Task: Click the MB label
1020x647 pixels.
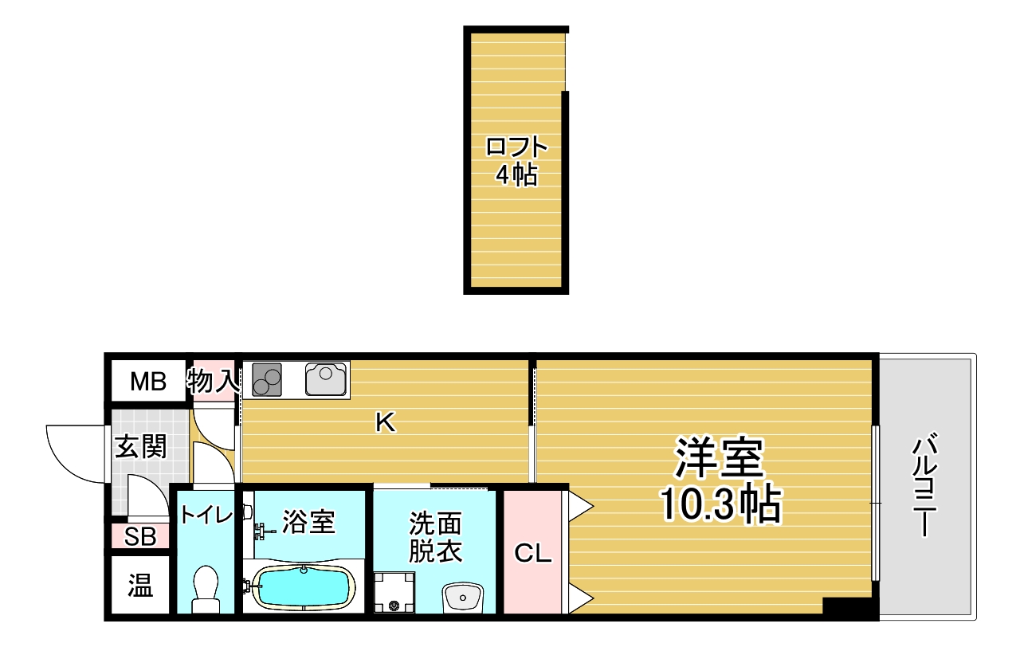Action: pos(148,382)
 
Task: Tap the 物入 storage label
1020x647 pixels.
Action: pos(213,381)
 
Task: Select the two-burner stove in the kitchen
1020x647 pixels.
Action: pos(267,380)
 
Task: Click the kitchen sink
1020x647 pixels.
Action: pos(326,378)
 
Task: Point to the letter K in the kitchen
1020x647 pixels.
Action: pos(385,422)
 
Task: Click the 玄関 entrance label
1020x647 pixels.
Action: pos(141,446)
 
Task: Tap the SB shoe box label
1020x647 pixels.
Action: pos(140,537)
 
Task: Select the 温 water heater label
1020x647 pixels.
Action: pos(140,585)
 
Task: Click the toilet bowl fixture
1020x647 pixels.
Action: pos(206,590)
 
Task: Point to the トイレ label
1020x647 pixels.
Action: pos(206,515)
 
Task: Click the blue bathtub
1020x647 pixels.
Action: pos(304,588)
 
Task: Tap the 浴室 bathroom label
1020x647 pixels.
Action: pos(308,522)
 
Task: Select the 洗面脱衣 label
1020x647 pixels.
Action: pos(435,537)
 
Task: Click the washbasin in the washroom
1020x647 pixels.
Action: pos(463,597)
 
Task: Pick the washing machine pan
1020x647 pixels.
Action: pos(394,592)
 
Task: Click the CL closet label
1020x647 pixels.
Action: pos(533,553)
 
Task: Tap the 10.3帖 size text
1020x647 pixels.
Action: pos(720,504)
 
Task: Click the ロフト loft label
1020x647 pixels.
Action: pos(516,147)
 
